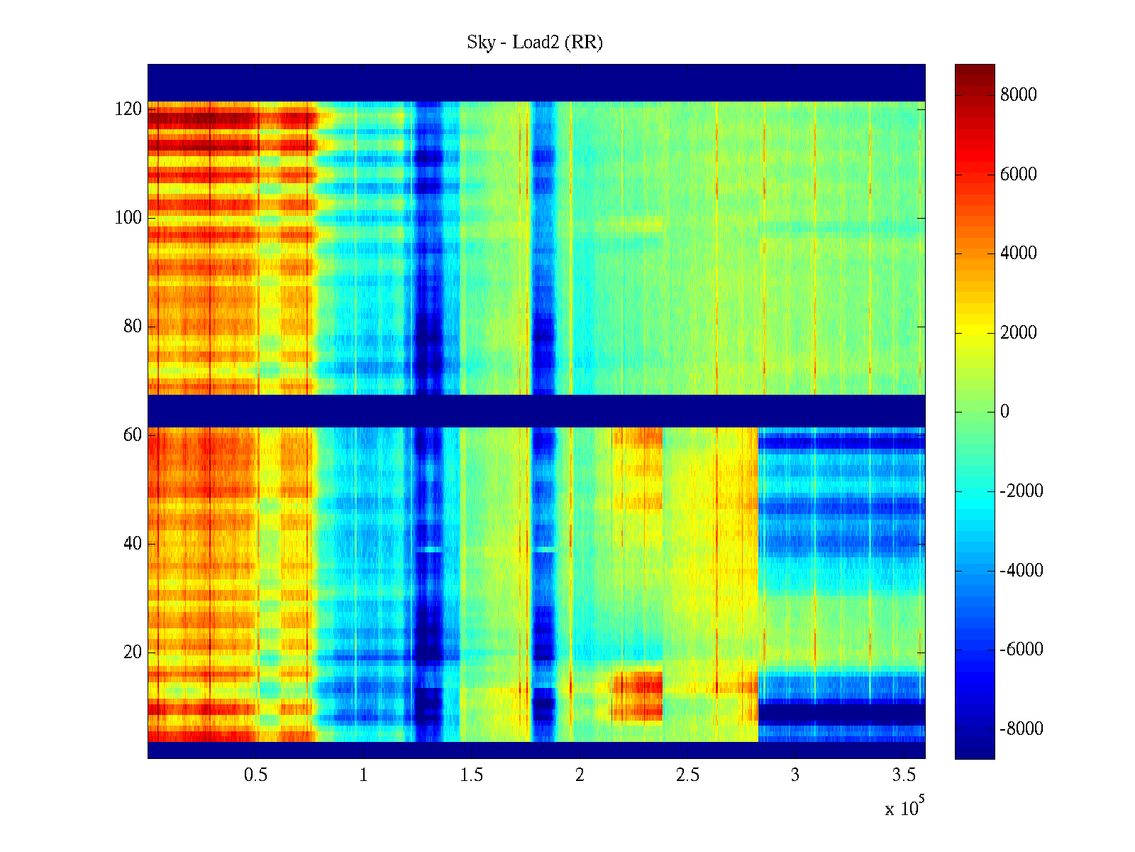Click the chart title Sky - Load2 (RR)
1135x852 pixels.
(x=535, y=43)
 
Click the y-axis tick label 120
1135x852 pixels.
(x=128, y=109)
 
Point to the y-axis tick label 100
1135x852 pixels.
(x=128, y=218)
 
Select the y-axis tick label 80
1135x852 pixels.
(x=133, y=327)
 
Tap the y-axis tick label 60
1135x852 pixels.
(x=133, y=435)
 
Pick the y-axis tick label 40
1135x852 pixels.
(x=133, y=544)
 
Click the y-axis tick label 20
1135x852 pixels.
(x=133, y=652)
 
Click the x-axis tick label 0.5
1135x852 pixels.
(x=256, y=775)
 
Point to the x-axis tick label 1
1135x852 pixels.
(x=364, y=775)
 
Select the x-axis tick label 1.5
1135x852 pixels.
(x=472, y=775)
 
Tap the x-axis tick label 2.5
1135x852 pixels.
(x=687, y=775)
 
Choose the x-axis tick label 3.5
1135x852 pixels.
(x=904, y=775)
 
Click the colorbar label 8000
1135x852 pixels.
(x=1018, y=95)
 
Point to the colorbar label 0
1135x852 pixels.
(x=1004, y=412)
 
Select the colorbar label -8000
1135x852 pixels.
(x=1021, y=729)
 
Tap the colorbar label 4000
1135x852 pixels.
(x=1018, y=253)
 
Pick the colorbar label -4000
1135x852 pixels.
(x=1021, y=571)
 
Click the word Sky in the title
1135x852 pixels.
(x=480, y=43)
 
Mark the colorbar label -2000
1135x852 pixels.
(x=1021, y=491)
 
